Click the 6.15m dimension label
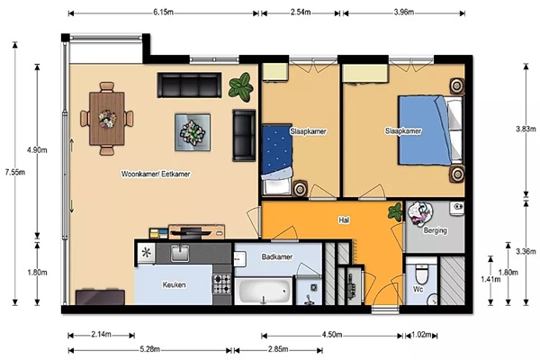coord(163,13)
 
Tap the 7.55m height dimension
coord(14,172)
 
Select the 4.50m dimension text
coord(332,335)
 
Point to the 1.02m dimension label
coord(421,335)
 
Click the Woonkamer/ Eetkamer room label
coord(156,174)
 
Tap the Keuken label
coord(175,285)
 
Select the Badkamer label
coord(277,256)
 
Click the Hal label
coord(344,220)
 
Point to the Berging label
coord(436,230)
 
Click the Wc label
coord(418,290)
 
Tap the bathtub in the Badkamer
coord(264,291)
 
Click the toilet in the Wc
coord(421,273)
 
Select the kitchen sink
coord(180,253)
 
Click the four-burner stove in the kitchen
coord(222,283)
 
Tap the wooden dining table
coord(107,119)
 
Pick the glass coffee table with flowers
coord(193,132)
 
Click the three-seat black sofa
coord(189,85)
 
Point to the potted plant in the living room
coord(240,86)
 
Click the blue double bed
coord(430,130)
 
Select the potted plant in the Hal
coord(395,211)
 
